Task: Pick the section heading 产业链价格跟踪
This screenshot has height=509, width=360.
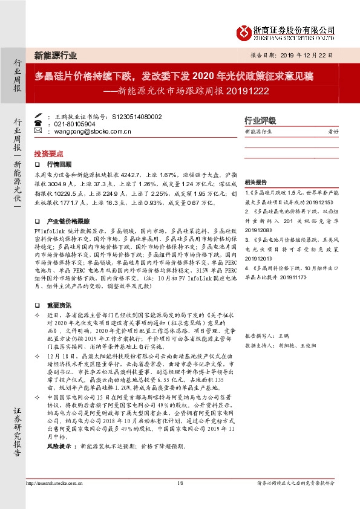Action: tap(68, 221)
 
